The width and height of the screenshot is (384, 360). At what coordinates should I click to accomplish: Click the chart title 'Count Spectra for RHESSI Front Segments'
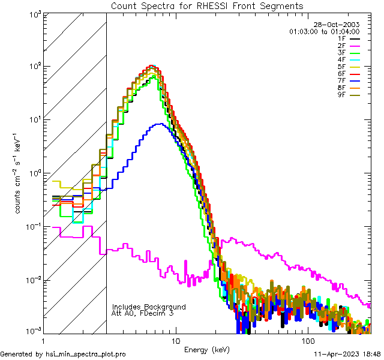(207, 6)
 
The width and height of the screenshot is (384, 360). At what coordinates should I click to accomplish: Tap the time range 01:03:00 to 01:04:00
(324, 31)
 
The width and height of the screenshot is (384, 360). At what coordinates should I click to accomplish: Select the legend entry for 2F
(341, 46)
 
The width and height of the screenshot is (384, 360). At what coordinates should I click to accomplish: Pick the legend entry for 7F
(341, 80)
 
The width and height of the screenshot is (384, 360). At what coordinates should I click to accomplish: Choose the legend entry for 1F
(341, 38)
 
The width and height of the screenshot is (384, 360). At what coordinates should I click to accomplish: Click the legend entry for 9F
(341, 94)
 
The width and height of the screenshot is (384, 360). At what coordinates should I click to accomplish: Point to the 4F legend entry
(341, 59)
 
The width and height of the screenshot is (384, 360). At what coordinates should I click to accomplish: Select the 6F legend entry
(341, 73)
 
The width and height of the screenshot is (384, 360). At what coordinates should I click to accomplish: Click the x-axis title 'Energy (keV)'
(206, 349)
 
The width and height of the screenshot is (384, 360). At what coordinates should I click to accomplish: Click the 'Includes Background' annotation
(148, 307)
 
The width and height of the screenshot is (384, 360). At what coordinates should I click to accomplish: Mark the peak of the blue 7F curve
(159, 124)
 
